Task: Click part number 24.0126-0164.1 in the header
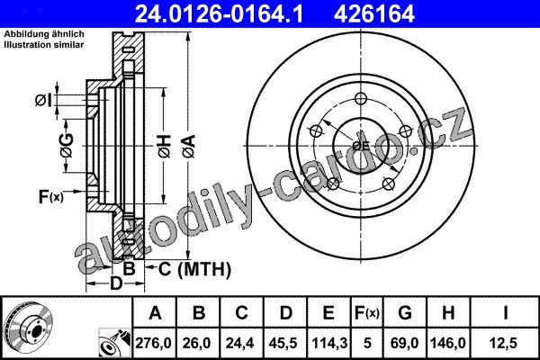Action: [219, 14]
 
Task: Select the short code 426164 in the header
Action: [374, 14]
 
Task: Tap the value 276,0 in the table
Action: [154, 343]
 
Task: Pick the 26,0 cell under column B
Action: [198, 343]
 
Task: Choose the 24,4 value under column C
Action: [240, 343]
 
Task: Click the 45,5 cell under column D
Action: [284, 343]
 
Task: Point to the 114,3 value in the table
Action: [328, 343]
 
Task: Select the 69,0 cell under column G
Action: [405, 343]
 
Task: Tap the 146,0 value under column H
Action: [447, 343]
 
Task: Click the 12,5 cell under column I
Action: [504, 343]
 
